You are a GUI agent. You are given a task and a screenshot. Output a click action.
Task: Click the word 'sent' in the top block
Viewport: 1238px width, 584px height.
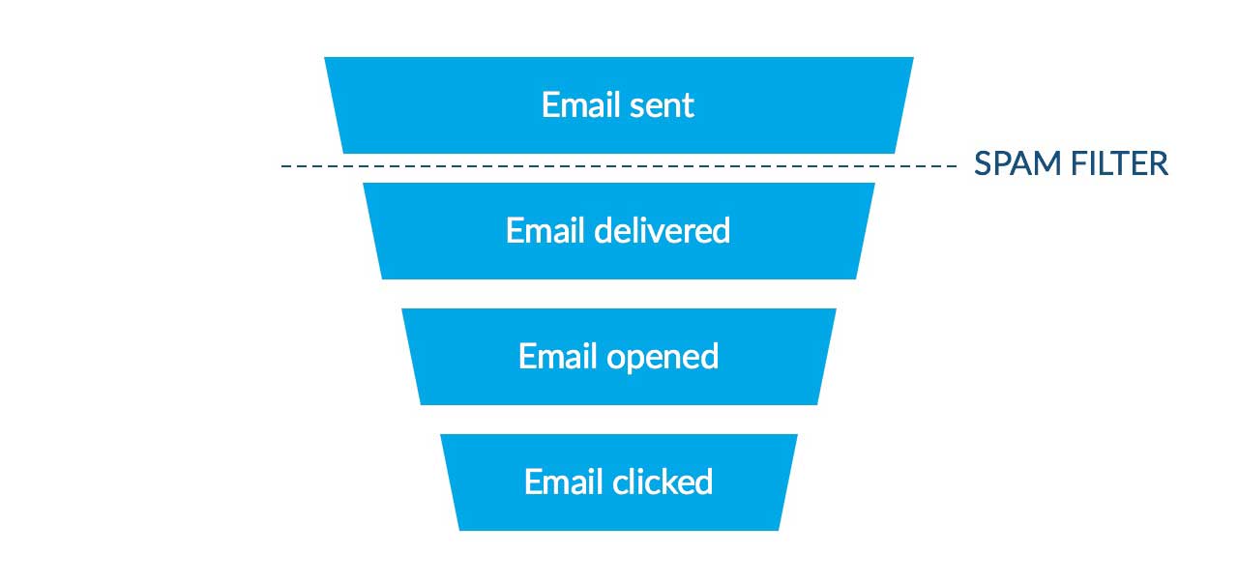click(x=663, y=104)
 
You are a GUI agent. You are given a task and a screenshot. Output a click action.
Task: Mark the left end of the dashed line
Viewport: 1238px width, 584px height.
click(x=282, y=166)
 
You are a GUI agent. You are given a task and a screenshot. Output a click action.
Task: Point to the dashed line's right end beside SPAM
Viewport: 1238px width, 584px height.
click(x=956, y=166)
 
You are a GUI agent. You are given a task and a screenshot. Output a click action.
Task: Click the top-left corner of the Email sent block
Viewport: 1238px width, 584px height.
click(x=325, y=58)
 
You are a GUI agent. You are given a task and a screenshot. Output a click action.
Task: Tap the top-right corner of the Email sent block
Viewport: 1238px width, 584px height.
click(x=913, y=58)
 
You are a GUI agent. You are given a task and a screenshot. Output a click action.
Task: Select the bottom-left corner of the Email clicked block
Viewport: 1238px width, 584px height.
click(x=459, y=530)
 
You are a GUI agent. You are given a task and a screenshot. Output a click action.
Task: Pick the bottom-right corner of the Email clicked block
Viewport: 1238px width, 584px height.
click(x=779, y=530)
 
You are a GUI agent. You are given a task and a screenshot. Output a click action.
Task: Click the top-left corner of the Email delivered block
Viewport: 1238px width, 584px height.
click(x=364, y=184)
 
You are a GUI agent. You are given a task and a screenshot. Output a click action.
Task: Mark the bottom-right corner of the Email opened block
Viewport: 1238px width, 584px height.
click(x=817, y=404)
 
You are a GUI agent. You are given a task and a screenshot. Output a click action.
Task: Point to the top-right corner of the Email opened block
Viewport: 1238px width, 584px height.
click(x=836, y=309)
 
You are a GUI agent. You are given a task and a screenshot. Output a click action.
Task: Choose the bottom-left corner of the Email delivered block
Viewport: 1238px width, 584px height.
click(x=382, y=278)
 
